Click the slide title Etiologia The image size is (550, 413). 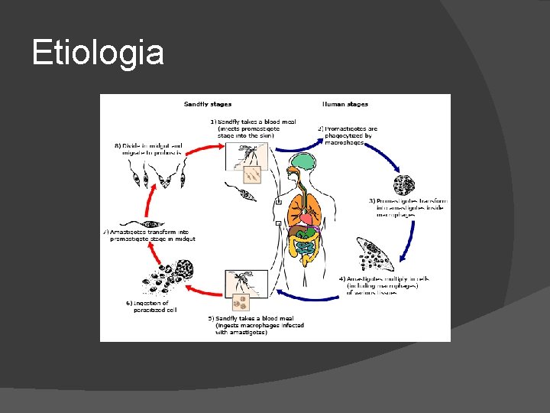(98, 53)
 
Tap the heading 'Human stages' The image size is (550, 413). (345, 104)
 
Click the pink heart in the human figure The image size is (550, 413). (306, 219)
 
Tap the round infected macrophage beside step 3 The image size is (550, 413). (403, 184)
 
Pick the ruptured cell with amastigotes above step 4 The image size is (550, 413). (379, 254)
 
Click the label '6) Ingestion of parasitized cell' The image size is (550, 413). (149, 306)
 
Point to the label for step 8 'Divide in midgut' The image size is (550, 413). (152, 148)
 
